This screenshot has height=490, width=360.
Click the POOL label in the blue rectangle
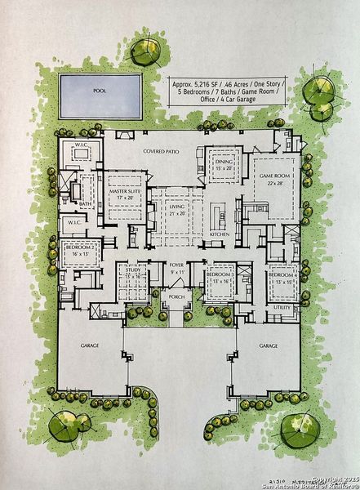click(x=100, y=91)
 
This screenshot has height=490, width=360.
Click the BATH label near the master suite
click(x=85, y=203)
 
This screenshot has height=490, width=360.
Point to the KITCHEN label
click(x=220, y=234)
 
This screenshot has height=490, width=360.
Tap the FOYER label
click(x=176, y=265)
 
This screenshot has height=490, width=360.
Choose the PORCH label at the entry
click(x=176, y=297)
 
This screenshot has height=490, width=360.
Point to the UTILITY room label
click(x=283, y=308)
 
